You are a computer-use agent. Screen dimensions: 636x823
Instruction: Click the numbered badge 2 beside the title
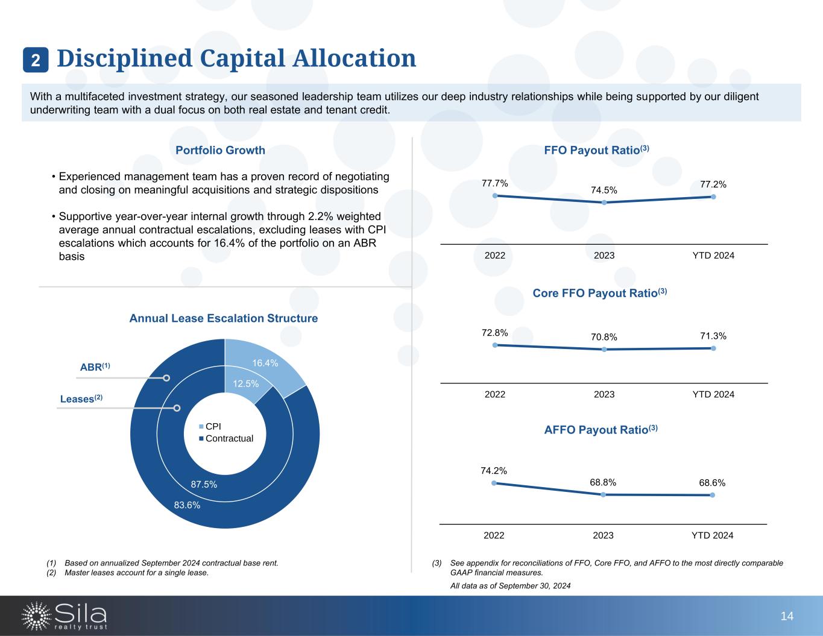(36, 60)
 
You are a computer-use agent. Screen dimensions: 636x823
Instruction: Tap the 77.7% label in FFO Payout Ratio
(494, 183)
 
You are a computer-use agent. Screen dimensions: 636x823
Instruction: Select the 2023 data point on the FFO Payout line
(604, 203)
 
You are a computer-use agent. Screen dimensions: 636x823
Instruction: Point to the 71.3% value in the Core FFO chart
(713, 336)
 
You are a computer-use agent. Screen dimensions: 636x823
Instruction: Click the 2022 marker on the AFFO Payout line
(494, 483)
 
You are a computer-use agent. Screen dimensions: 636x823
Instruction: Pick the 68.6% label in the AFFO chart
(712, 483)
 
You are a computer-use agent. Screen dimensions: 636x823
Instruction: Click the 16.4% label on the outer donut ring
(265, 363)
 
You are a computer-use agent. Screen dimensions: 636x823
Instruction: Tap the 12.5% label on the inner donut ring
(246, 383)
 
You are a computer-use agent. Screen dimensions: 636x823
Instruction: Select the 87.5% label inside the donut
(204, 484)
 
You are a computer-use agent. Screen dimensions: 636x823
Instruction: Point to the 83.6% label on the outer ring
(187, 505)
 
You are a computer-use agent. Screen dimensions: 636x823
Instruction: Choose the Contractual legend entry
(229, 438)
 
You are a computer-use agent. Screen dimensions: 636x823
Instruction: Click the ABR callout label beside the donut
(95, 367)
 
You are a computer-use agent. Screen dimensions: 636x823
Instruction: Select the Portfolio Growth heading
(220, 150)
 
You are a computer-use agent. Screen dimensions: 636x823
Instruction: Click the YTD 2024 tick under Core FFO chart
(713, 394)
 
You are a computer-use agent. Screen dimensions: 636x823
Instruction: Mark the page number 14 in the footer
(787, 616)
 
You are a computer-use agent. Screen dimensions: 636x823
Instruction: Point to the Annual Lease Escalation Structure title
(224, 318)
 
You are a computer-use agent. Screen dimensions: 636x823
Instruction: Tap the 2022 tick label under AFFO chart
(494, 535)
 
